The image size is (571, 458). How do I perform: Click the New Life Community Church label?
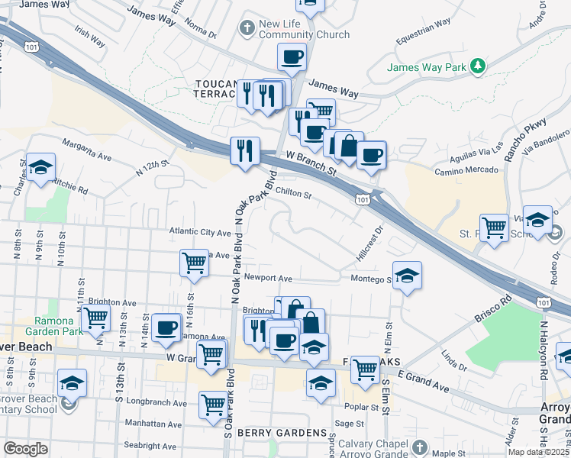(x=304, y=29)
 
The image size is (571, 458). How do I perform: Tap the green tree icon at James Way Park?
(x=478, y=67)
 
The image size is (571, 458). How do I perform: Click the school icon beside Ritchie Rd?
(x=40, y=167)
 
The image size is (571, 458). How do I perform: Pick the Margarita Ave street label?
(x=87, y=150)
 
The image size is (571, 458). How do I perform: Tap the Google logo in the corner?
(x=25, y=449)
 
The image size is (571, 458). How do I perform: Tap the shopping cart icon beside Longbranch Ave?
(x=213, y=405)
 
